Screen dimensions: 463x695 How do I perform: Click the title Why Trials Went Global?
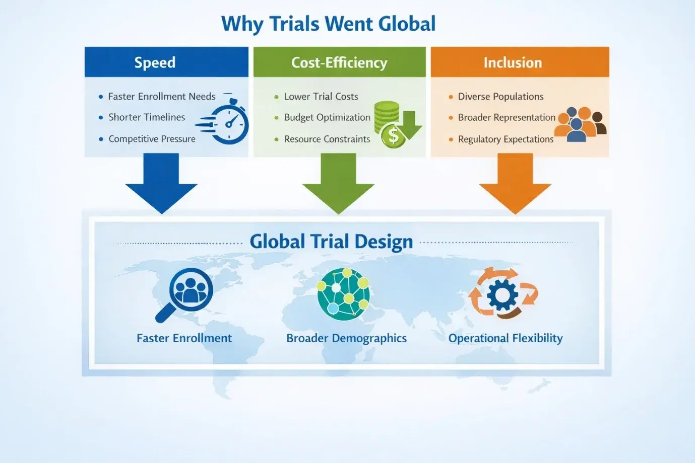click(x=328, y=24)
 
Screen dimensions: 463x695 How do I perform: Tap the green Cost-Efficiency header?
click(x=339, y=62)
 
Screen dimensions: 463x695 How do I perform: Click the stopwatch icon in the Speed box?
click(x=229, y=121)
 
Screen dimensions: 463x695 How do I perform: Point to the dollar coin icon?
click(x=393, y=135)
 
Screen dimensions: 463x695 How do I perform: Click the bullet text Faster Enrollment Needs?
click(x=162, y=97)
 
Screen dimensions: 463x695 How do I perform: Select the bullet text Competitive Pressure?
click(x=152, y=139)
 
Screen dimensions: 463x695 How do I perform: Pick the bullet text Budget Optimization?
click(x=327, y=118)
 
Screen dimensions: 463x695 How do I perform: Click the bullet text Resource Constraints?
click(x=327, y=139)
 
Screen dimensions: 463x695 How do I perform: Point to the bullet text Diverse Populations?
click(x=500, y=97)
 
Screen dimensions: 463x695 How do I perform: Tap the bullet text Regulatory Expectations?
click(x=506, y=139)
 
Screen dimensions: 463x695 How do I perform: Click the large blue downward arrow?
click(x=161, y=184)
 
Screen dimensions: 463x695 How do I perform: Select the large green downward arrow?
click(x=338, y=184)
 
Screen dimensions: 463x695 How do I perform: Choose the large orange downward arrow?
click(x=515, y=184)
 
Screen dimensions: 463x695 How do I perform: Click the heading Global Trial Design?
click(x=331, y=242)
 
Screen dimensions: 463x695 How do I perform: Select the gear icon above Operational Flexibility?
click(x=502, y=294)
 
